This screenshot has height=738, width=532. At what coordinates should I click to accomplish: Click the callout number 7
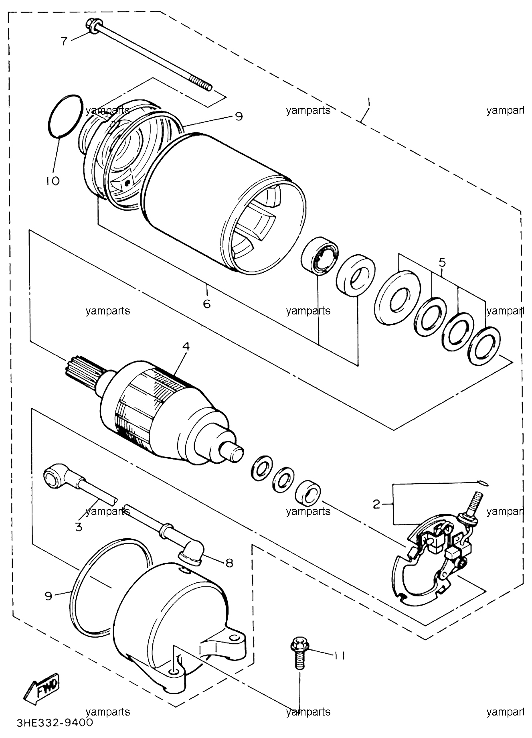(x=64, y=41)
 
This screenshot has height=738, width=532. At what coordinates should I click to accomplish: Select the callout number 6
(x=206, y=304)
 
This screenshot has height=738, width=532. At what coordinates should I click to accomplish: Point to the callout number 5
(x=442, y=263)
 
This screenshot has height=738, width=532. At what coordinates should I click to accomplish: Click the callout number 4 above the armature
(x=186, y=346)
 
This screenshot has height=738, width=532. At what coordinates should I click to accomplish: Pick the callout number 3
(x=79, y=527)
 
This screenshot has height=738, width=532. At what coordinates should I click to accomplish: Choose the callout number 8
(x=229, y=563)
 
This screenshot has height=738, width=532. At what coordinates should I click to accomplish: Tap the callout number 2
(x=376, y=504)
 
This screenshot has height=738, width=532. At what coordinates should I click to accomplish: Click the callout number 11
(x=339, y=656)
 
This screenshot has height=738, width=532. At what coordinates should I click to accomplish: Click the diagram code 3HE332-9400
(x=55, y=723)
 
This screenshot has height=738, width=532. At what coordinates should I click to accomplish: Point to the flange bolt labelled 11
(x=298, y=653)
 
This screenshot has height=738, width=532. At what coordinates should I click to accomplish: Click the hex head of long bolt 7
(x=91, y=25)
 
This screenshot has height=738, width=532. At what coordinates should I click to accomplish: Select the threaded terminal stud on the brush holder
(x=474, y=507)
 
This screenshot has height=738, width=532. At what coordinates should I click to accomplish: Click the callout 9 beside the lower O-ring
(x=49, y=596)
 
